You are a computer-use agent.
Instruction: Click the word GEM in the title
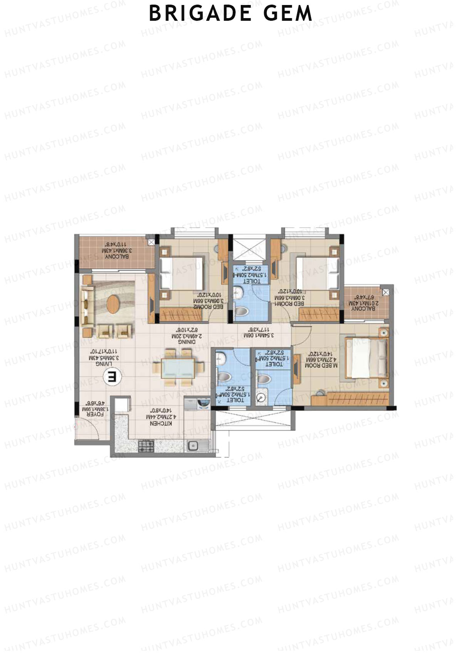(x=288, y=13)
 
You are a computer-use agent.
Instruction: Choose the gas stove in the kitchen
(x=146, y=446)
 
